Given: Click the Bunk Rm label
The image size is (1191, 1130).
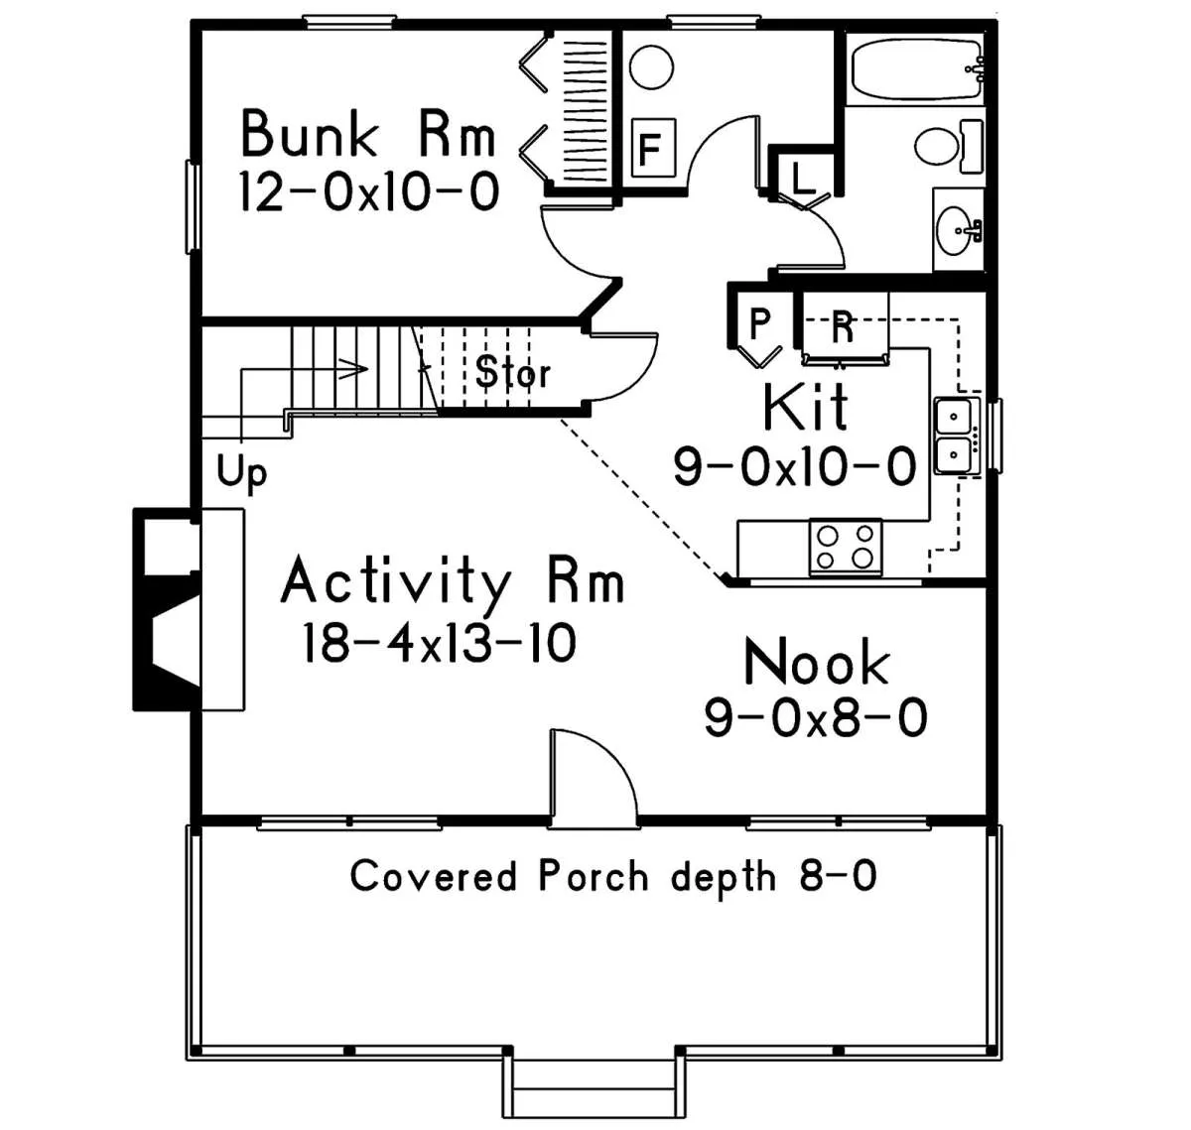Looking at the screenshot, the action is click(x=367, y=134).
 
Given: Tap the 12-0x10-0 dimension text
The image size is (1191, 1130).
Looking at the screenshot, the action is click(x=369, y=191).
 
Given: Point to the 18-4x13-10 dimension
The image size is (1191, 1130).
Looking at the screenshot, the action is click(x=439, y=643).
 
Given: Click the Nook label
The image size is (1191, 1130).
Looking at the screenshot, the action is click(x=816, y=662).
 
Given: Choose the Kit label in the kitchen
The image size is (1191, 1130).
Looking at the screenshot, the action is click(x=805, y=407).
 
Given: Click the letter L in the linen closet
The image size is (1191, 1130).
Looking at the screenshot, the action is click(x=802, y=179).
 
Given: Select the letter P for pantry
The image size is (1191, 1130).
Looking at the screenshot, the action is click(x=759, y=324).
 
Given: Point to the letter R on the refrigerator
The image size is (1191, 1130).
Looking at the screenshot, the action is click(x=843, y=327).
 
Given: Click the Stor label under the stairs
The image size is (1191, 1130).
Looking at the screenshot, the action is click(x=512, y=372).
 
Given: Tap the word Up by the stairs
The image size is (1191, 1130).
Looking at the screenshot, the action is click(x=241, y=471).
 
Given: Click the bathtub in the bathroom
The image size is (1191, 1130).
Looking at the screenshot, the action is click(x=915, y=69).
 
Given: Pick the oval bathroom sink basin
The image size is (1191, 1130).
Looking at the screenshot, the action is click(x=956, y=231).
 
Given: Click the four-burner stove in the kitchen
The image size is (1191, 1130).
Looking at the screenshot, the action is click(x=845, y=548).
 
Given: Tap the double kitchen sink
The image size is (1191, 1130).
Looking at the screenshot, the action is click(x=956, y=436).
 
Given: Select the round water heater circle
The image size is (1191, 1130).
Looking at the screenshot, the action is click(x=651, y=67).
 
